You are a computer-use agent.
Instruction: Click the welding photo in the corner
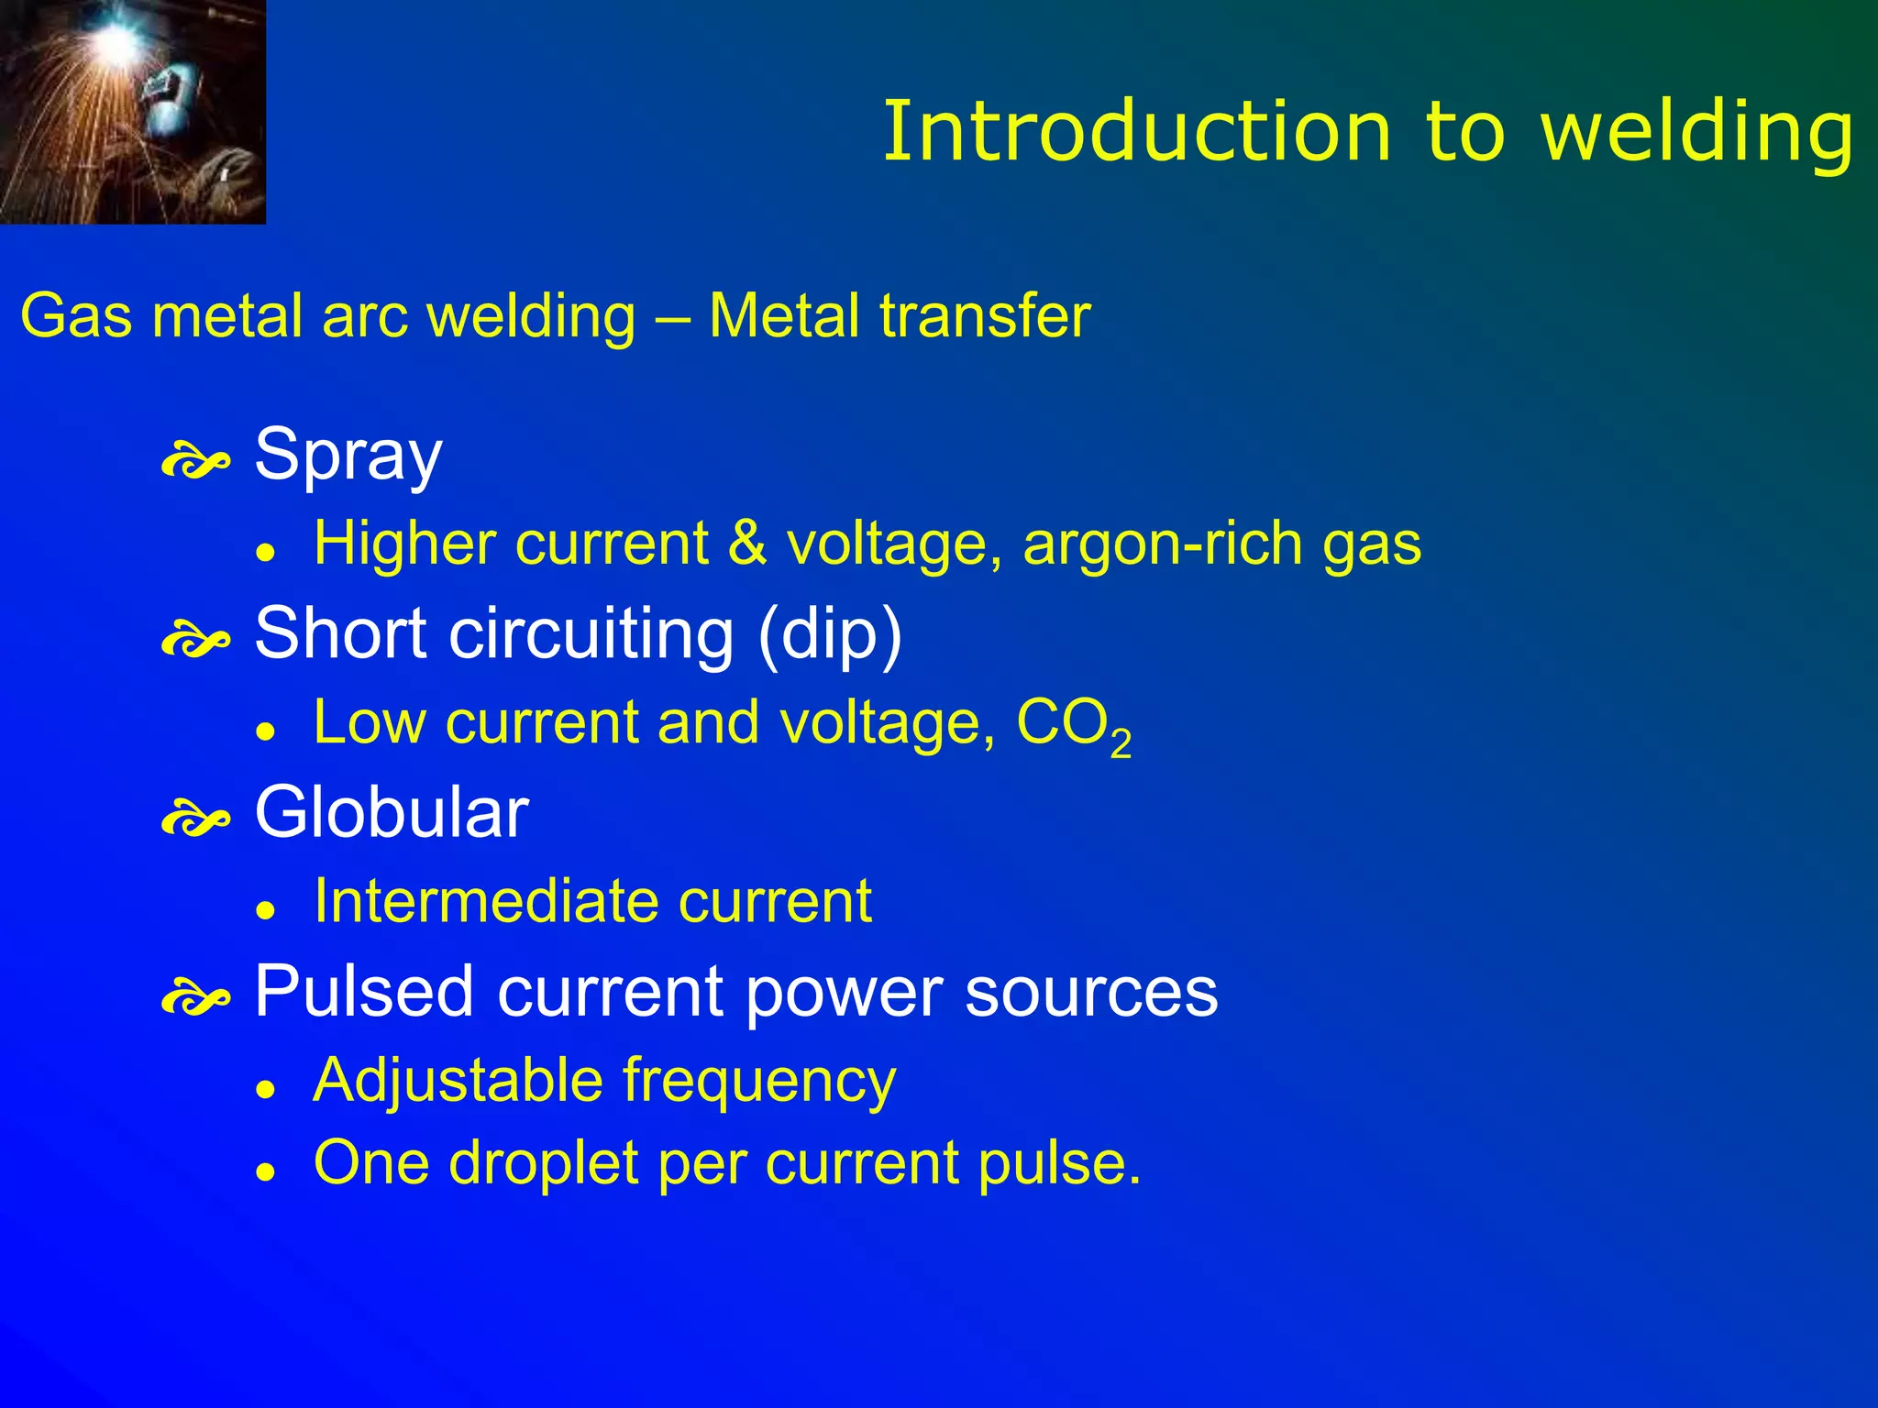coord(132,111)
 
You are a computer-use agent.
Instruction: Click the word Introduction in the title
coord(1137,132)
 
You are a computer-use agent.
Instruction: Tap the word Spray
coord(348,455)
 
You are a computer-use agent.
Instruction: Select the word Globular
coord(392,812)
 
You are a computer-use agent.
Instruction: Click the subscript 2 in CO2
coord(1121,743)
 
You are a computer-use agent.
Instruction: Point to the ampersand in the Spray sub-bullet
coord(747,543)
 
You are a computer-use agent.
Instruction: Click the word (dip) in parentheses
coord(830,633)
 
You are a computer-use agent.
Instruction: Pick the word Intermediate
coord(485,900)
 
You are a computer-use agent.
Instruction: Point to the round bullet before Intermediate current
coord(266,910)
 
